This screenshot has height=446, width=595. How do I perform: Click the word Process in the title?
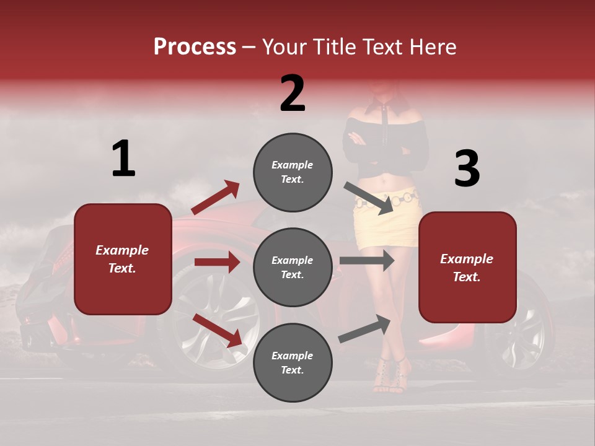[195, 46]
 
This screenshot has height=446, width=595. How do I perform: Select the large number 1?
[123, 159]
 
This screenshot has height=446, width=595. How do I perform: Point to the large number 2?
[293, 94]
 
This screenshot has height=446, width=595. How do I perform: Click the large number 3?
[467, 168]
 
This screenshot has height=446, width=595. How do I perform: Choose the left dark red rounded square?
[123, 259]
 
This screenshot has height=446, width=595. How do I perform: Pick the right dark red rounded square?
[467, 267]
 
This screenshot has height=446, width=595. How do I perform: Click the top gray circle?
[293, 172]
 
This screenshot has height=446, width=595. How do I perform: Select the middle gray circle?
[293, 267]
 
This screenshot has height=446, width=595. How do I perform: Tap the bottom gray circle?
[293, 362]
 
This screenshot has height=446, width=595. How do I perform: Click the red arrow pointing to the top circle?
[216, 198]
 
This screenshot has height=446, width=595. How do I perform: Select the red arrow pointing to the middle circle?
[216, 262]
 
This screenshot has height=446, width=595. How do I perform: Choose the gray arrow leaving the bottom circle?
[364, 329]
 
